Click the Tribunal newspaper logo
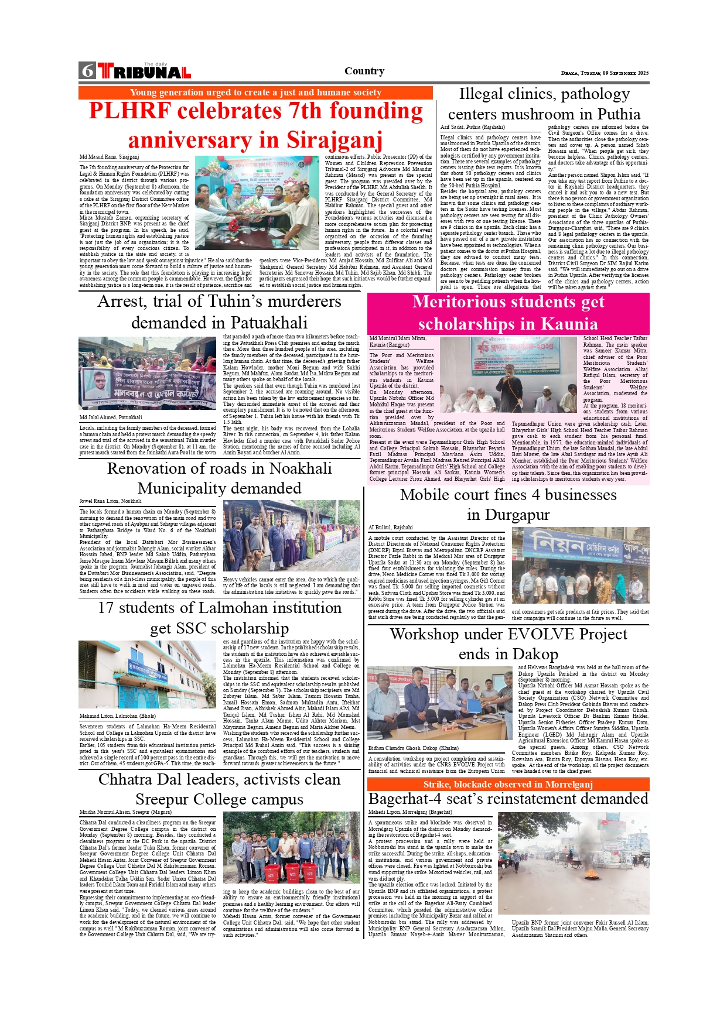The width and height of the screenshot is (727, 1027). pyautogui.click(x=144, y=71)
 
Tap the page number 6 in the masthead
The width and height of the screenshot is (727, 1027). pyautogui.click(x=87, y=71)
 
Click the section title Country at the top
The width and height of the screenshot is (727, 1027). pyautogui.click(x=364, y=71)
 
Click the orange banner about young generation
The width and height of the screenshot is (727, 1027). pyautogui.click(x=255, y=93)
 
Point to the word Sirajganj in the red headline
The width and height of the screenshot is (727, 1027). pyautogui.click(x=334, y=141)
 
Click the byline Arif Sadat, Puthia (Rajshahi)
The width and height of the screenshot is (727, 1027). pyautogui.click(x=472, y=127)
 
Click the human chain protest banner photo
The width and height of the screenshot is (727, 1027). pyautogui.click(x=147, y=373)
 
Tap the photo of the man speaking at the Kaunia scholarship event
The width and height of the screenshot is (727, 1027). pyautogui.click(x=508, y=374)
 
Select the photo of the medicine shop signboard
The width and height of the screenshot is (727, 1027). pyautogui.click(x=580, y=565)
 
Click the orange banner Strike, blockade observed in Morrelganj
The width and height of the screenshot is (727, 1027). pyautogui.click(x=508, y=785)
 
